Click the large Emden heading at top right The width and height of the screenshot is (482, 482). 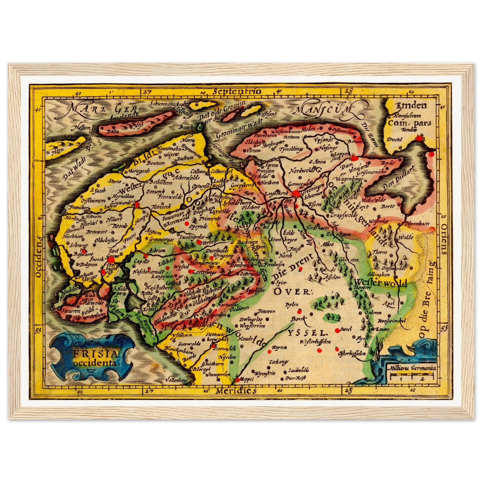[x=411, y=106]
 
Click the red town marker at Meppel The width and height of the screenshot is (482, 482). [x=237, y=380]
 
